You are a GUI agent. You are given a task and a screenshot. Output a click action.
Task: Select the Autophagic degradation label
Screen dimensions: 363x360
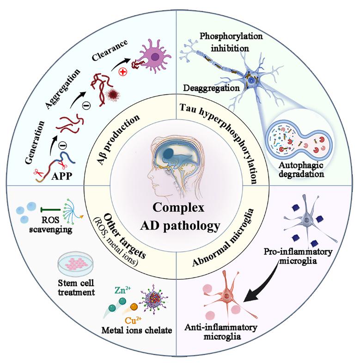(298, 170)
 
